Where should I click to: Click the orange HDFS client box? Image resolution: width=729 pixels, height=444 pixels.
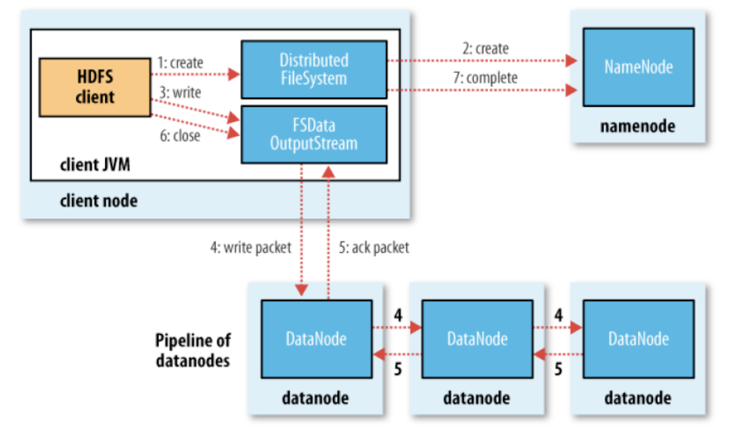pos(95,87)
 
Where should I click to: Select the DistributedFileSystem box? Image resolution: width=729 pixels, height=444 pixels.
pos(314,69)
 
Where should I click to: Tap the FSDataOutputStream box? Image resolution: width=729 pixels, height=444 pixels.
pos(314,134)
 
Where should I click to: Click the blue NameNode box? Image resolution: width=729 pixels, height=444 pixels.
pos(637,66)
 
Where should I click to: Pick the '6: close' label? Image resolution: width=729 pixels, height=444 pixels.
pos(179,136)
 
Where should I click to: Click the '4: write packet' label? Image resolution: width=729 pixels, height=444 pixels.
pos(249,248)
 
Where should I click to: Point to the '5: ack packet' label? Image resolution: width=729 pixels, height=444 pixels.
pos(374,248)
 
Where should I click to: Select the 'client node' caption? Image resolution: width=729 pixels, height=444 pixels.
pos(98,202)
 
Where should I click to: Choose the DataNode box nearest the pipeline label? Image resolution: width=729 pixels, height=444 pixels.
pos(316,339)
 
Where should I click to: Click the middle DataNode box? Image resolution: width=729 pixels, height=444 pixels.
pos(477,339)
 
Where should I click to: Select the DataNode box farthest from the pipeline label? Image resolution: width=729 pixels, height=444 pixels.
pos(638,339)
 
